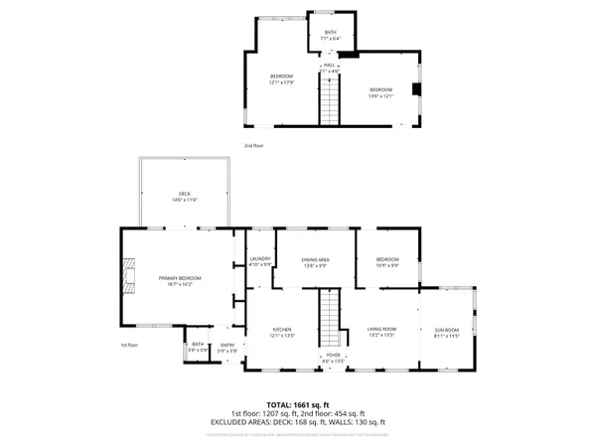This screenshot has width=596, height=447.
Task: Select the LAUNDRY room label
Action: (x=260, y=261)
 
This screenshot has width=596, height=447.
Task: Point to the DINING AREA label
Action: (x=316, y=261)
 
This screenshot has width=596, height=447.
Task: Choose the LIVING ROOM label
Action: (x=382, y=332)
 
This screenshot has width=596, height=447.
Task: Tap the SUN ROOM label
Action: (x=447, y=332)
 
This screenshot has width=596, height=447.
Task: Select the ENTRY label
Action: (x=228, y=348)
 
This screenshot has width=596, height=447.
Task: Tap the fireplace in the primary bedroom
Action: (x=126, y=276)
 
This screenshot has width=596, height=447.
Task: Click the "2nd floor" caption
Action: (x=254, y=146)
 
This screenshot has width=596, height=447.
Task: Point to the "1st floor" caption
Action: (x=129, y=345)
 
